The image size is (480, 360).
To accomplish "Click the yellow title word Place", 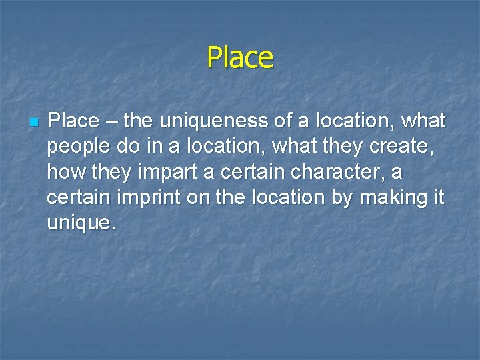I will coord(240,57).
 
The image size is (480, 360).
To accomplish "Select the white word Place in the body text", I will coord(73,121).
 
